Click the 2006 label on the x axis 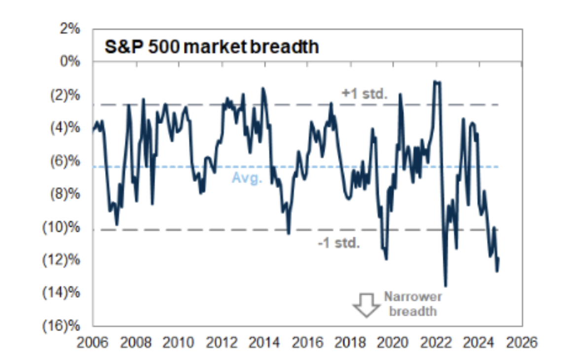point(93,342)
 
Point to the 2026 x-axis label point(521,342)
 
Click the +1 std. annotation point(364,94)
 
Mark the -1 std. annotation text point(340,243)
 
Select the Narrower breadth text point(413,304)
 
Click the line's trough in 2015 point(288,233)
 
